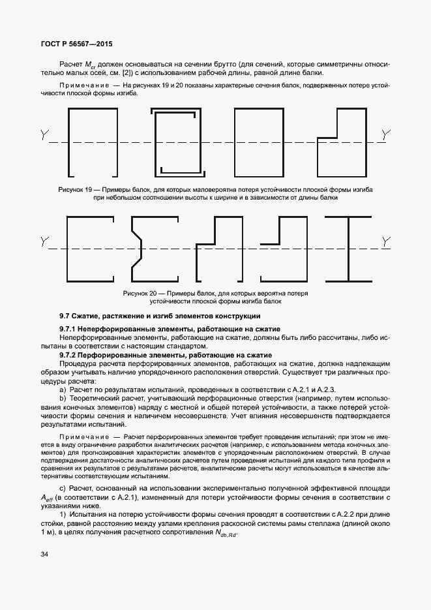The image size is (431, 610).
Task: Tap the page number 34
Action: click(44, 555)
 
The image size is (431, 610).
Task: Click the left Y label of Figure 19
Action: click(44, 136)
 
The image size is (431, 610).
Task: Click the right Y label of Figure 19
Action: click(387, 135)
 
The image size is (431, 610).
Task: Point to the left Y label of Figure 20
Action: click(44, 243)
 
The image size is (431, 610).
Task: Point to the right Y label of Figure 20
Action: click(387, 242)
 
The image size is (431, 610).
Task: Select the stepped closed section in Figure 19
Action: click(340, 140)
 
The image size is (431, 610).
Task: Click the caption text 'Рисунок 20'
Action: click(141, 294)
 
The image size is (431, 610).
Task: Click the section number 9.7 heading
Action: click(65, 316)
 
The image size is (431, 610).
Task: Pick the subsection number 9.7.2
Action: click(68, 354)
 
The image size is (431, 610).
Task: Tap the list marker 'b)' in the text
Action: click(63, 397)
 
